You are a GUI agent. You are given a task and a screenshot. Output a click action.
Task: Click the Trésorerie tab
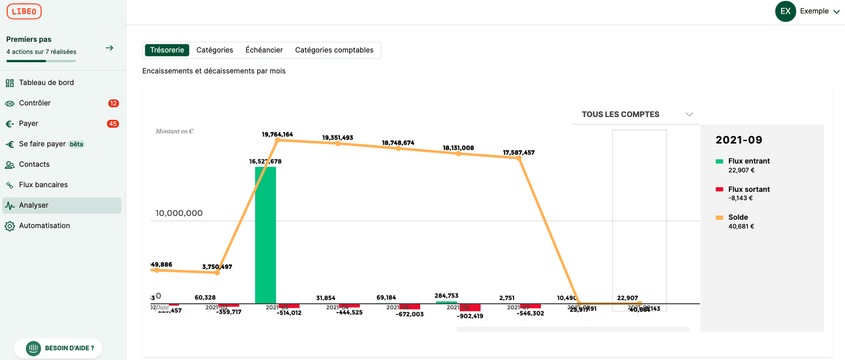coord(167,50)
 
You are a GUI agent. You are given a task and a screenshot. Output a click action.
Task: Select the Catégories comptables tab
coord(334,50)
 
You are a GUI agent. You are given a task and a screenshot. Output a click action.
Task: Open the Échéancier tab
coord(264,50)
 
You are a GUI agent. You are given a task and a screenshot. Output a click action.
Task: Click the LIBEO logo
coord(24,11)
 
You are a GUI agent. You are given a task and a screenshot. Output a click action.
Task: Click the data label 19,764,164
coord(277,134)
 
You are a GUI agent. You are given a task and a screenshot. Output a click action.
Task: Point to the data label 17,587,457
coord(518,153)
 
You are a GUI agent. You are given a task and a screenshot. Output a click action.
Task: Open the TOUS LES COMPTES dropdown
coord(636,114)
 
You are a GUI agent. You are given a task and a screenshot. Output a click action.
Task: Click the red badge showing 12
coord(113,103)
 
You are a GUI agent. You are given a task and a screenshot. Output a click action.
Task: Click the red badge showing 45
coord(113,124)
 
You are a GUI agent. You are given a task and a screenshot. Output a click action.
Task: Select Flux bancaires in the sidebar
coord(43,185)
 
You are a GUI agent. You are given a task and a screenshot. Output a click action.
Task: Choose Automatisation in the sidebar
coord(44,226)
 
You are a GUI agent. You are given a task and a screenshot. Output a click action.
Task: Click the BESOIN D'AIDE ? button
coord(59,348)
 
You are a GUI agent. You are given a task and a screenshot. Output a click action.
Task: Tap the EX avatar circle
coord(786,11)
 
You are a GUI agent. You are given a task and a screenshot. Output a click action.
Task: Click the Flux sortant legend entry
coord(749,189)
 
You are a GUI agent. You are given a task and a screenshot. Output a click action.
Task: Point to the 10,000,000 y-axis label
coord(179,213)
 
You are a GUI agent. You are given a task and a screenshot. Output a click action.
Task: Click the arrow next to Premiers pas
coord(110,48)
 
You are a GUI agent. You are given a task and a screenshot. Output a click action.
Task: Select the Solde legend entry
coord(738,217)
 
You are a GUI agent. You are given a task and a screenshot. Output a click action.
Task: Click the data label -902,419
coord(470,316)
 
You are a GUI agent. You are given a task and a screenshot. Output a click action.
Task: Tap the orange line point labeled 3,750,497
coord(217,273)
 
